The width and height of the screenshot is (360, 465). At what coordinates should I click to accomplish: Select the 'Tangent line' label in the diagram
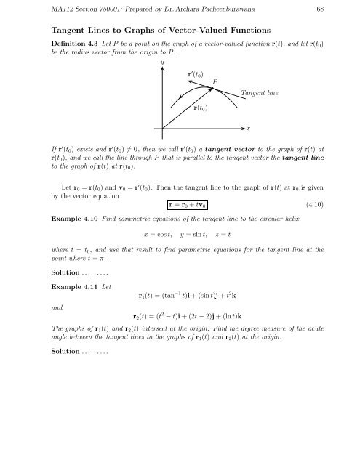click(259, 93)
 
